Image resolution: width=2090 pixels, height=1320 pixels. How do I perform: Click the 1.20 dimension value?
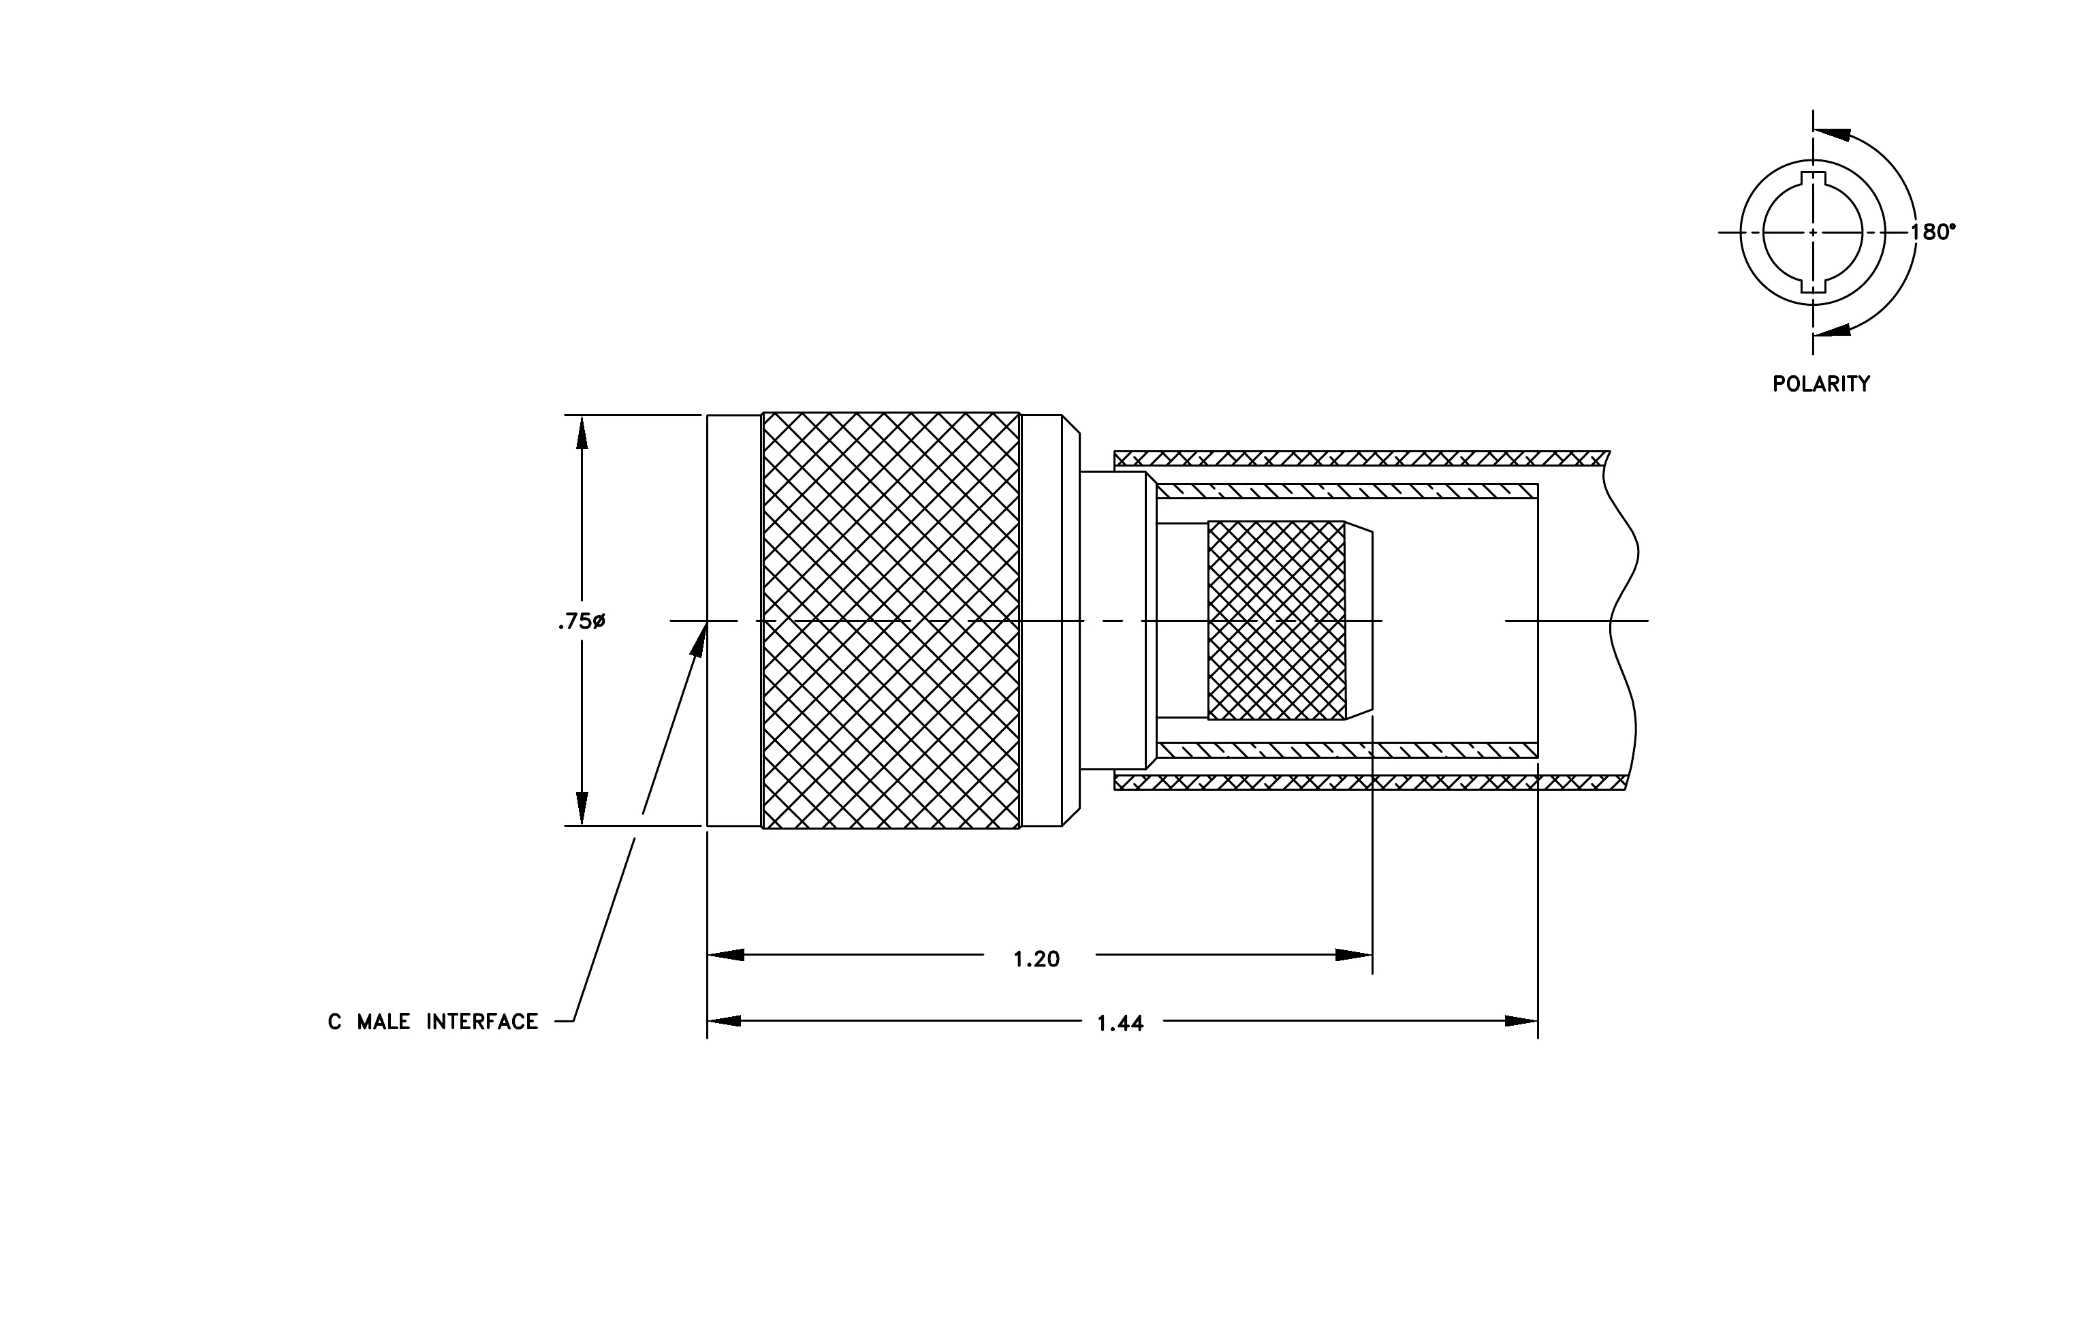1036,959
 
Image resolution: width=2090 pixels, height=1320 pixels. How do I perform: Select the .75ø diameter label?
582,621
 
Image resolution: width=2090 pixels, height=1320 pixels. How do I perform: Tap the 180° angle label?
1933,232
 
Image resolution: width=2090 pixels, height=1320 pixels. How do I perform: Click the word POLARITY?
1821,383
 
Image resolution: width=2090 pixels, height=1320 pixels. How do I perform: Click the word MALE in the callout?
383,1022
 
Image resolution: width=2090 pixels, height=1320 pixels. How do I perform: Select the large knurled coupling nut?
891,620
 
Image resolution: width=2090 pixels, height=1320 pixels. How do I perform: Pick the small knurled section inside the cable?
1276,620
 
